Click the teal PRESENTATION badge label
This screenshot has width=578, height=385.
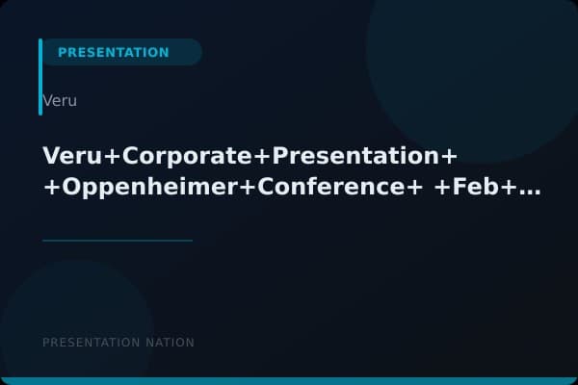click(114, 52)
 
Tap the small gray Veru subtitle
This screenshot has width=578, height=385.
click(60, 100)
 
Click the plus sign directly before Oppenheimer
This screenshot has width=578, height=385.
click(50, 189)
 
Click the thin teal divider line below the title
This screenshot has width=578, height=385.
click(118, 241)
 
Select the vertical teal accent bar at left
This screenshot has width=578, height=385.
click(40, 77)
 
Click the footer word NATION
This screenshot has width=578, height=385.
click(169, 343)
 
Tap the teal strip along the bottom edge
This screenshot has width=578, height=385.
click(289, 381)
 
